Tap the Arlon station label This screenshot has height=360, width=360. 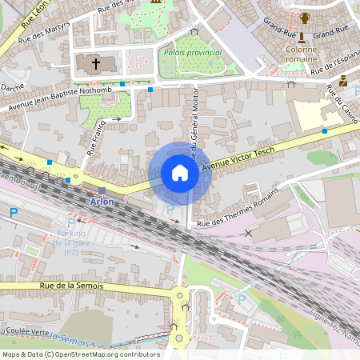102,202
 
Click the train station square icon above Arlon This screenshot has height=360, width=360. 102,191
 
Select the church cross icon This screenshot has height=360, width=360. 96,62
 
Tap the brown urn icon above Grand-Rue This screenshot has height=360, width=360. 305,18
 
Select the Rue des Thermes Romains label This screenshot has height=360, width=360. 239,208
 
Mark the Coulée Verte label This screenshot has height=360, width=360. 26,330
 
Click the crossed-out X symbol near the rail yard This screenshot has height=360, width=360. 249,233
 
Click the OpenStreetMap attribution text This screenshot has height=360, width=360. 81,354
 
